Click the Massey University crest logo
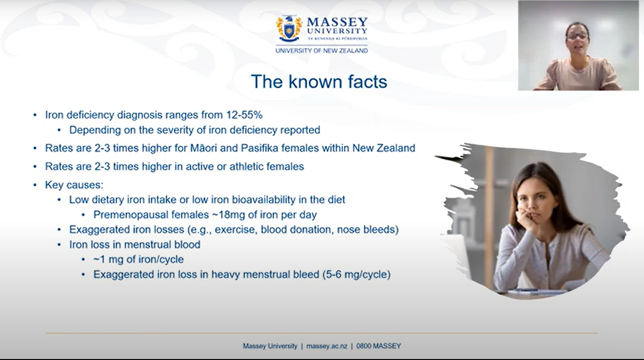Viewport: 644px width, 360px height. (289, 29)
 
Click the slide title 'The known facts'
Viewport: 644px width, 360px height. (319, 81)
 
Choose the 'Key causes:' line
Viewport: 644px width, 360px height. (74, 185)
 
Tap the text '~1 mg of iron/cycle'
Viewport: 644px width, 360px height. (138, 259)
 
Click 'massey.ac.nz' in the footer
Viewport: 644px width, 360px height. (327, 346)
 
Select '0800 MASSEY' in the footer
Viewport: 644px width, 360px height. (378, 346)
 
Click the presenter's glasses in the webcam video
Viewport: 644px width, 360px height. (578, 36)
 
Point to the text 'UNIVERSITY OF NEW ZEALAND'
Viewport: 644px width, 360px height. (322, 51)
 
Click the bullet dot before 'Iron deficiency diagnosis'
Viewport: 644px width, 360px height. (35, 115)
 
